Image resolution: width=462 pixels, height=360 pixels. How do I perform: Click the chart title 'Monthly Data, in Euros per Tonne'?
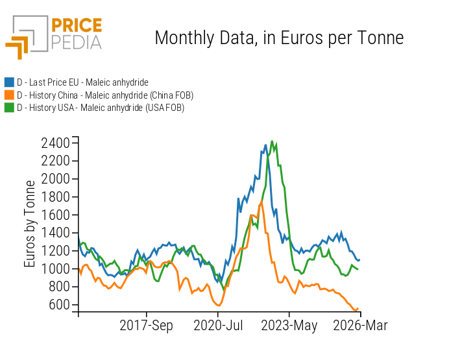[x=279, y=38]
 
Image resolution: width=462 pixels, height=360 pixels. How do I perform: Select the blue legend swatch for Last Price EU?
[x=9, y=82]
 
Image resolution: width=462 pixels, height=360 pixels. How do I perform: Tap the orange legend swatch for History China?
[x=9, y=95]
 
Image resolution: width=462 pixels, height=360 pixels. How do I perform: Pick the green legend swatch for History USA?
[x=9, y=108]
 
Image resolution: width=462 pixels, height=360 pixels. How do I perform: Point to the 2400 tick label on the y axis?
[x=55, y=143]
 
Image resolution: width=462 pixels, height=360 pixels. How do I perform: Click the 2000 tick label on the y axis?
[x=55, y=178]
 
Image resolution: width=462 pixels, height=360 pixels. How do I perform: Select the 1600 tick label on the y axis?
[x=55, y=215]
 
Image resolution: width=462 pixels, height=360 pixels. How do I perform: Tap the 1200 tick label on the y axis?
[x=55, y=250]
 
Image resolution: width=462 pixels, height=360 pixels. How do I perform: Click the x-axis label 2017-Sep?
[x=147, y=326]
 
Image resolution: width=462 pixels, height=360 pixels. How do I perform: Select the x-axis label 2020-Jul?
[x=217, y=326]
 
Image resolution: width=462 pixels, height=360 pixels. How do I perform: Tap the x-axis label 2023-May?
[x=289, y=326]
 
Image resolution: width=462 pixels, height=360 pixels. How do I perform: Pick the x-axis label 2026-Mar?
[x=359, y=326]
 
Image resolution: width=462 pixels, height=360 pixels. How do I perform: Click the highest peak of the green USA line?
[x=272, y=141]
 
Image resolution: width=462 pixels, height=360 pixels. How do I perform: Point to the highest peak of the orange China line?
[x=261, y=202]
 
